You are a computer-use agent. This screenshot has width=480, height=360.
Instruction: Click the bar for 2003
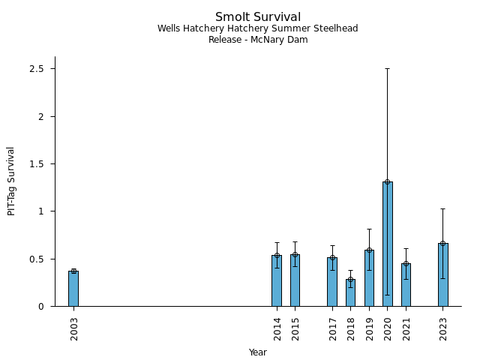coord(73,289)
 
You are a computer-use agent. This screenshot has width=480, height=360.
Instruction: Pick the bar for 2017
coord(332,282)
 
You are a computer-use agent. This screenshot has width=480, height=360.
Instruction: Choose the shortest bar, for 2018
coord(350,292)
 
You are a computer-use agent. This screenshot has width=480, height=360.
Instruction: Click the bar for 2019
coord(369,278)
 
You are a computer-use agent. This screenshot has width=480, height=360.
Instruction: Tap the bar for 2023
coord(443,274)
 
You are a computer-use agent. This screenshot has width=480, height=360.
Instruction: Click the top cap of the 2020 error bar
coord(388,69)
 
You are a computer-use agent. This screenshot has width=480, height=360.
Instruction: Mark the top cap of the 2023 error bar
coord(443,208)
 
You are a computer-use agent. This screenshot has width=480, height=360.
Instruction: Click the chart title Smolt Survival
coord(258,17)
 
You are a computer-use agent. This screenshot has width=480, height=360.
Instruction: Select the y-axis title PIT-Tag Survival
coord(11,181)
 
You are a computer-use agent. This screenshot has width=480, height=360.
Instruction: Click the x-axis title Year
coord(258,352)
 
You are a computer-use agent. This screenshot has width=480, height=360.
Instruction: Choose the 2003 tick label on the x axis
coord(74,328)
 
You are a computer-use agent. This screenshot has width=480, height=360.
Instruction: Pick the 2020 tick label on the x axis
coord(388,328)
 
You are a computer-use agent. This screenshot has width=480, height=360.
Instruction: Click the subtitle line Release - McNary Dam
coord(258,40)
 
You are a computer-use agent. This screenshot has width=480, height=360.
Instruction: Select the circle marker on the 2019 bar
coord(369,250)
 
